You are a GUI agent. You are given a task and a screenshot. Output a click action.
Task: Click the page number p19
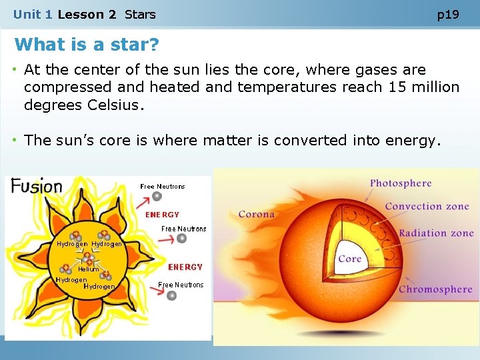click(x=448, y=14)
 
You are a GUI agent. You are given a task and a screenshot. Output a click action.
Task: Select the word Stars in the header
click(x=140, y=14)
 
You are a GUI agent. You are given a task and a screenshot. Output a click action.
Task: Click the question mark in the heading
click(x=154, y=45)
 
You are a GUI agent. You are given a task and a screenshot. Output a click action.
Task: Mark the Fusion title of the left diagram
click(x=37, y=186)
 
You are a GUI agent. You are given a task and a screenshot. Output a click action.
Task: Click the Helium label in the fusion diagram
click(x=88, y=269)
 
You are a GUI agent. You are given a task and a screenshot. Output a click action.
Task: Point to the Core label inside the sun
click(x=349, y=259)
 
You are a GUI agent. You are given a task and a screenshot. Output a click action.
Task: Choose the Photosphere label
click(x=401, y=183)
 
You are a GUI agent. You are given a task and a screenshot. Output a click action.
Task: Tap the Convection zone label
click(x=427, y=206)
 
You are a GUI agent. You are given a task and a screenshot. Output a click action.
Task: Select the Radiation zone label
click(x=436, y=233)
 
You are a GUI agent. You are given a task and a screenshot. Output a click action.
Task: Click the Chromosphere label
click(x=435, y=289)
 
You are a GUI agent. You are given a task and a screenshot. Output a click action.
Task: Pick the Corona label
click(x=257, y=214)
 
